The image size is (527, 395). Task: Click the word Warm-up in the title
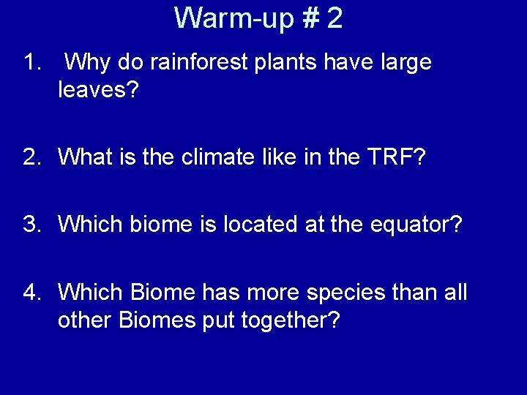(233, 18)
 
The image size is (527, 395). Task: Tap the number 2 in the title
(334, 18)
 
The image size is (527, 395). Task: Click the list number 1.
(30, 63)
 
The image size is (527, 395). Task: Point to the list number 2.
(30, 157)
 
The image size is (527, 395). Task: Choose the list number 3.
(30, 224)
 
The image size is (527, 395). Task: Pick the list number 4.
(30, 293)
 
